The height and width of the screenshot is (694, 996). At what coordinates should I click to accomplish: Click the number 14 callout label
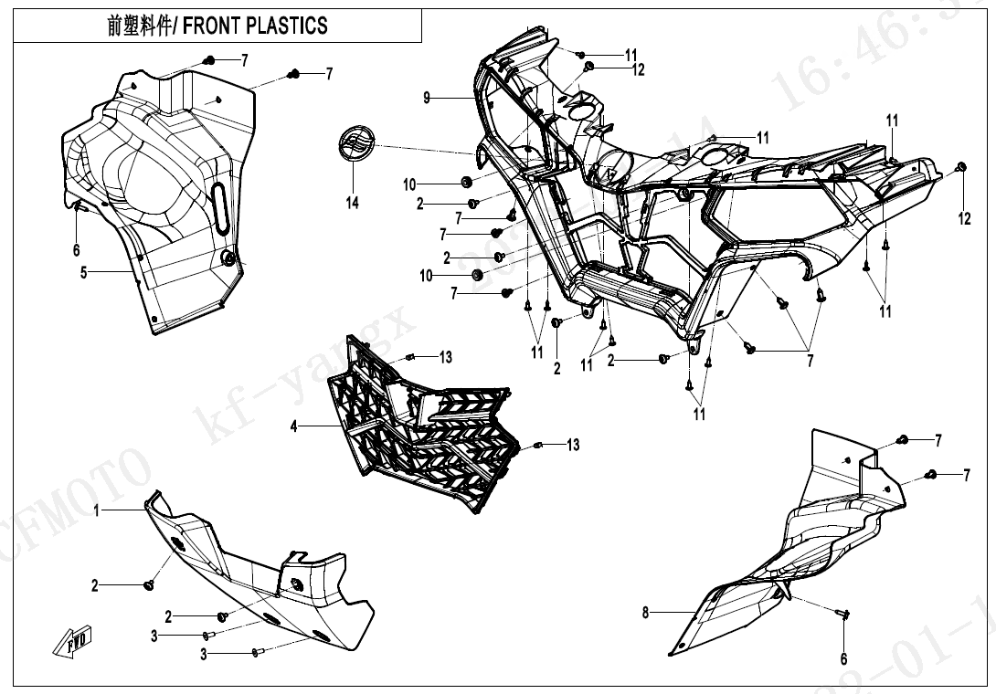coord(353,203)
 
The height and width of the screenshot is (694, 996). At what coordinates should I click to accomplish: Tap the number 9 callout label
coord(427,98)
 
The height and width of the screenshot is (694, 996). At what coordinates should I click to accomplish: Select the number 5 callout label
coord(83,272)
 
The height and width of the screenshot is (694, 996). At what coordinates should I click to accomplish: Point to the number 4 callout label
coord(293,426)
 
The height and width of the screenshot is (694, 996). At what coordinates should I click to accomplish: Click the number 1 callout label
coord(97,511)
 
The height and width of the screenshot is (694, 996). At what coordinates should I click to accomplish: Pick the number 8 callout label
coord(645,613)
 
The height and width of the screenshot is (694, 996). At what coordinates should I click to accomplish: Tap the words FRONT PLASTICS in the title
coord(255,26)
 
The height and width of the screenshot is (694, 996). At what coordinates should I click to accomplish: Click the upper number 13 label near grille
coord(446,356)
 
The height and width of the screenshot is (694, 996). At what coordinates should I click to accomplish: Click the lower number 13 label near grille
coord(573,445)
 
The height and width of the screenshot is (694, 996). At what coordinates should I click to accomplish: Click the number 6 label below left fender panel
coord(77,249)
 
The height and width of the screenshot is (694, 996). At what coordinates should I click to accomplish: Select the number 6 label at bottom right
coord(843,657)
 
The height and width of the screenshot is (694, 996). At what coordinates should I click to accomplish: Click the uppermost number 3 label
coord(154,636)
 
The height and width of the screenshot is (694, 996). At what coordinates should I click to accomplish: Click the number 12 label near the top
coord(638,70)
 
